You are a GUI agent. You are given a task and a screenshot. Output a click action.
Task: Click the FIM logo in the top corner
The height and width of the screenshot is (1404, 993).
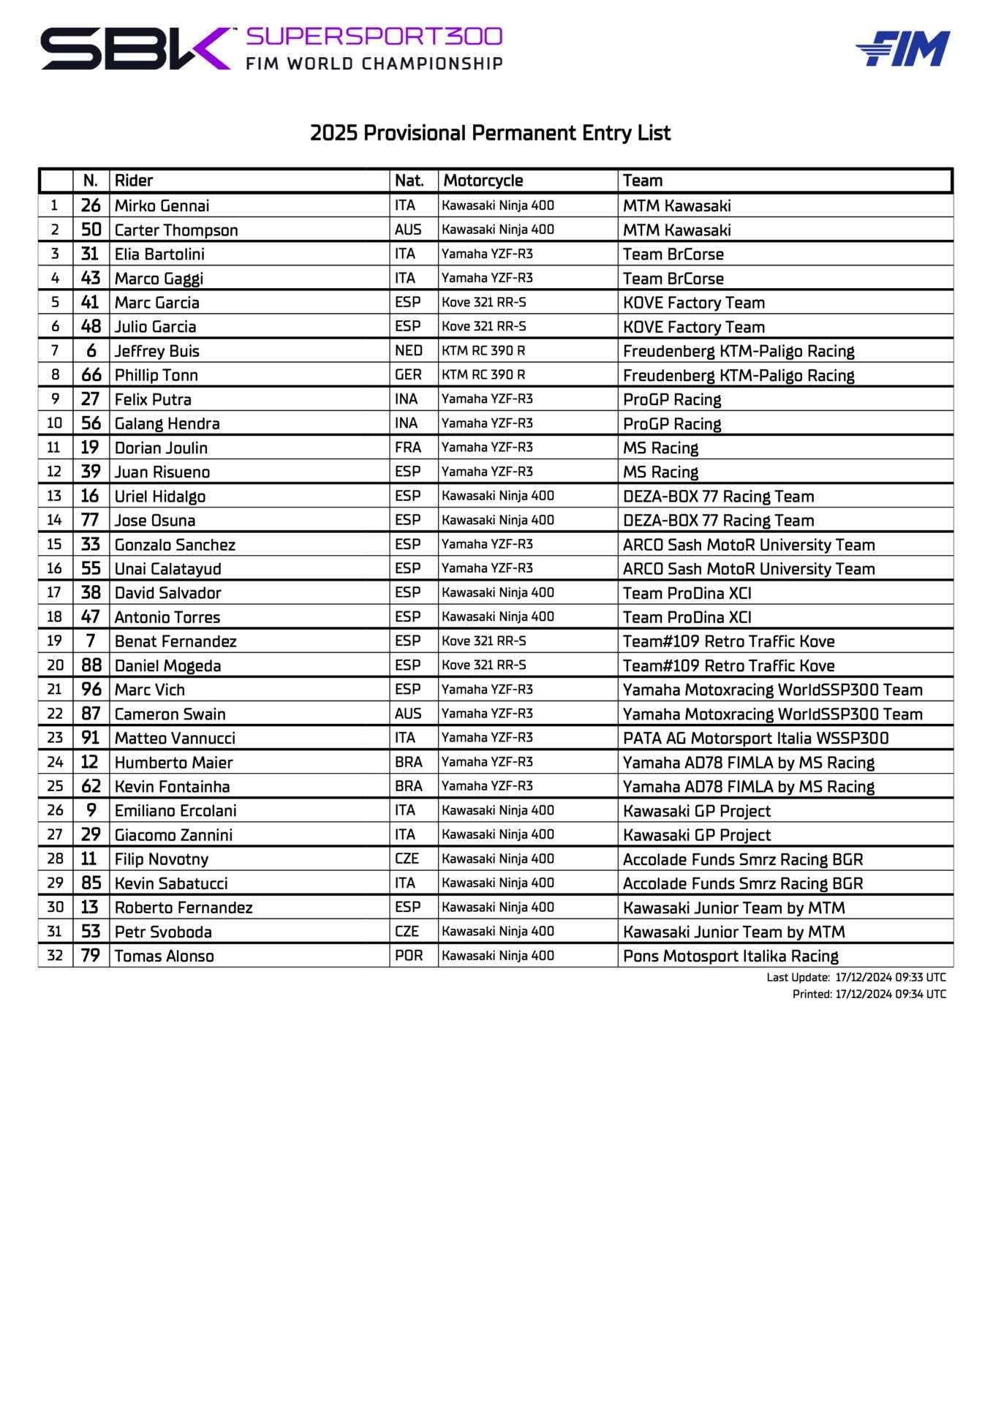(x=903, y=48)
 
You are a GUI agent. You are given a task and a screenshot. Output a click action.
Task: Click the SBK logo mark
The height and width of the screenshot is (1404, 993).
(x=136, y=48)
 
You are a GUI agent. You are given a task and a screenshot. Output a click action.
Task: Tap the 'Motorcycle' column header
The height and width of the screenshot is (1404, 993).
(x=483, y=181)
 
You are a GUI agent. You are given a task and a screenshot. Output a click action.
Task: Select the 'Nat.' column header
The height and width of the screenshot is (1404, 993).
(x=409, y=181)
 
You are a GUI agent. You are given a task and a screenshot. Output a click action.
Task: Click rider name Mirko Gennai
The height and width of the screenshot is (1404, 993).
(x=162, y=205)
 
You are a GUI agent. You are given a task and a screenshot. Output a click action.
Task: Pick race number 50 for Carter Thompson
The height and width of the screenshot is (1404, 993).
(x=91, y=230)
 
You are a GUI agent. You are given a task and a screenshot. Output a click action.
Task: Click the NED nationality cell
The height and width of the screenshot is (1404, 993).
(x=408, y=350)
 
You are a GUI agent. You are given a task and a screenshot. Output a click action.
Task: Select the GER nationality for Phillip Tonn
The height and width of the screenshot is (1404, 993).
(x=408, y=374)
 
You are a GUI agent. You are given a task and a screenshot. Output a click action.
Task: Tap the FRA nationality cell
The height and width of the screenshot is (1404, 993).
(x=408, y=447)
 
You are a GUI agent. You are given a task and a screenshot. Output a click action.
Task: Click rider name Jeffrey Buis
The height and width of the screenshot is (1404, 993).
(x=156, y=351)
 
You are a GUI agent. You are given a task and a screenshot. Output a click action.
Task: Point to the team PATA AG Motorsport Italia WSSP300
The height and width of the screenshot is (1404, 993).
(x=755, y=738)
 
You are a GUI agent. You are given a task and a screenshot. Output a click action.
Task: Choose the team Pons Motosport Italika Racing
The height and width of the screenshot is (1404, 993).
(x=730, y=956)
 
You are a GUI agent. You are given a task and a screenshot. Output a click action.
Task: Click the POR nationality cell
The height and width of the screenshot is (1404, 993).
(x=408, y=956)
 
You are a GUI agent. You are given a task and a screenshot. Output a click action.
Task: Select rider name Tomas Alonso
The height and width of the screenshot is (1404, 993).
(x=164, y=956)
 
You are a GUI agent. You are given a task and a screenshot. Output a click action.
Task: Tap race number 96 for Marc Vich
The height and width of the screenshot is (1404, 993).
(x=91, y=690)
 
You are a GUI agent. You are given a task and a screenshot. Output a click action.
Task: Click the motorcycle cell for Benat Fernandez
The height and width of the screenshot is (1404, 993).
(x=483, y=641)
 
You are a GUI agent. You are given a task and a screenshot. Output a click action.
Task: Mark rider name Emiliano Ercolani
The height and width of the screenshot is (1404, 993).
(x=175, y=810)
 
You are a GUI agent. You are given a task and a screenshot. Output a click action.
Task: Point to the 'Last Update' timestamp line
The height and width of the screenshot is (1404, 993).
(x=856, y=977)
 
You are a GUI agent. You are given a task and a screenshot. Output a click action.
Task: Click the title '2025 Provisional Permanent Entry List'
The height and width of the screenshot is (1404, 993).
(x=490, y=133)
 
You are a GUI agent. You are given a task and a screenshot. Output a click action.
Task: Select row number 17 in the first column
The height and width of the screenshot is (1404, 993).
(x=55, y=592)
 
